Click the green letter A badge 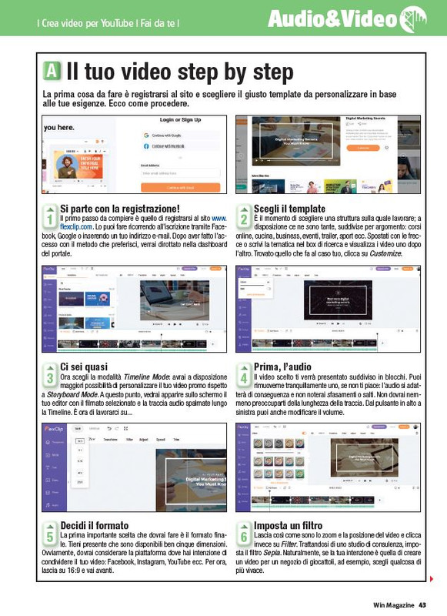(52, 72)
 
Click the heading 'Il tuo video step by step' (178, 72)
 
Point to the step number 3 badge (49, 377)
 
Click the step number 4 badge (244, 377)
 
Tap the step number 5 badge (49, 532)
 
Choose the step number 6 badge (244, 532)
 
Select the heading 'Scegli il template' (289, 209)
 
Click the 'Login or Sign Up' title (181, 121)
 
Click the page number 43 (422, 605)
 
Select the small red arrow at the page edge (432, 578)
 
